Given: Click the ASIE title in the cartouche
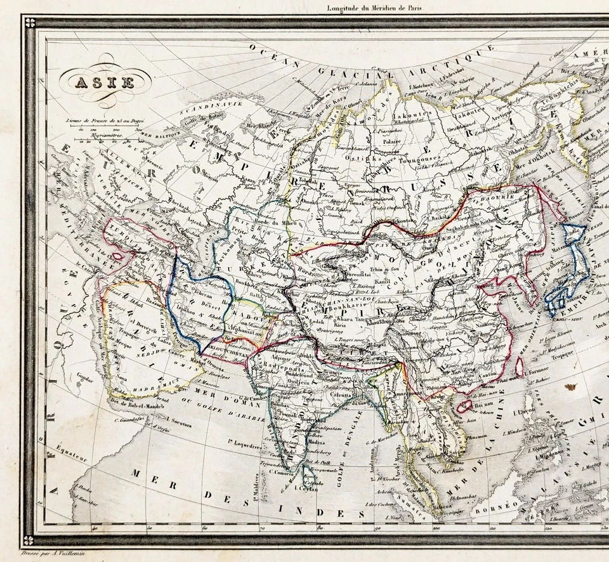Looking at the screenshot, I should [x=105, y=82].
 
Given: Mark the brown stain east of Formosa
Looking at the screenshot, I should [x=571, y=386].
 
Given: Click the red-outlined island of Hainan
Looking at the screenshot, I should [x=465, y=405].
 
